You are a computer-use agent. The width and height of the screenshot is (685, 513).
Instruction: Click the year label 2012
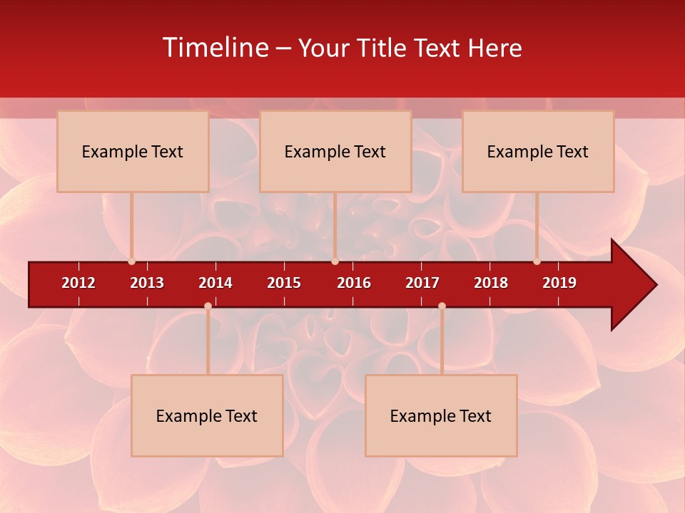click(x=78, y=283)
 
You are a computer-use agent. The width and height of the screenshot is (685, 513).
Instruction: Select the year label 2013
click(x=147, y=283)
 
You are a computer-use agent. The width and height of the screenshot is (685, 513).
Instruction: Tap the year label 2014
click(x=215, y=283)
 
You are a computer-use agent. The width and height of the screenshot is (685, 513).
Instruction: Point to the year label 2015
click(x=284, y=283)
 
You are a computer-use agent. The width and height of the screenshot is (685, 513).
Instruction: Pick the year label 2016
click(x=354, y=283)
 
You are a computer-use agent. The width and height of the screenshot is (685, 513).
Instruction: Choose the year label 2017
click(x=422, y=283)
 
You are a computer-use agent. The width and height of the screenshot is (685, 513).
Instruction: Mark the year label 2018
click(x=491, y=283)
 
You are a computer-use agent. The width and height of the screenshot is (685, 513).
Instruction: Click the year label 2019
click(x=559, y=283)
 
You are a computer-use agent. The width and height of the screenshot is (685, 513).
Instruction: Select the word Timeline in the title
click(x=215, y=48)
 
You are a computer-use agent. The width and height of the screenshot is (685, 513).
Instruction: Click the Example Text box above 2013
click(x=133, y=151)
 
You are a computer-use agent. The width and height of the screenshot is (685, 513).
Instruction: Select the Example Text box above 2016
click(x=335, y=151)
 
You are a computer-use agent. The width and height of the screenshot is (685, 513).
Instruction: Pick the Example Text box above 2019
click(x=538, y=151)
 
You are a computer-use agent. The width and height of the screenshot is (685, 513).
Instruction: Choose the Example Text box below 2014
click(x=207, y=415)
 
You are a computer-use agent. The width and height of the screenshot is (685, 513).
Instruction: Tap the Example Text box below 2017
click(x=441, y=415)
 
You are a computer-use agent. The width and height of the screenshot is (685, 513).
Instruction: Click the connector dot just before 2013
click(x=131, y=261)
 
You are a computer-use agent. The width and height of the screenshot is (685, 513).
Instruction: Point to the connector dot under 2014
click(x=208, y=306)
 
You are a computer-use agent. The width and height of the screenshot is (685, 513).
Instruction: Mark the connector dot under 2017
click(x=442, y=306)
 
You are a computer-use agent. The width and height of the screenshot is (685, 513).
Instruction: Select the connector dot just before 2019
click(x=537, y=261)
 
